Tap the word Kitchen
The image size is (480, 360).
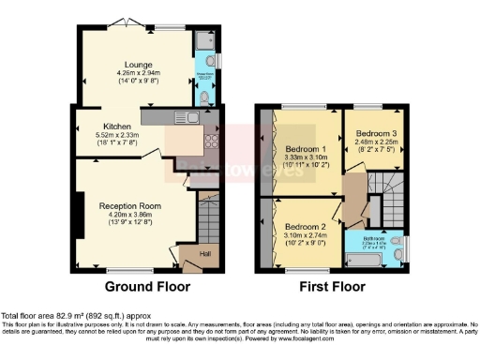click(117, 126)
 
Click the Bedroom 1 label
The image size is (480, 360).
click(305, 149)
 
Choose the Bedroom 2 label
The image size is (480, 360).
click(305, 226)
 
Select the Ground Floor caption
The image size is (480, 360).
click(147, 286)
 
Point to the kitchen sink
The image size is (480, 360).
click(192, 118)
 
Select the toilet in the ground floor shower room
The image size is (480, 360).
click(206, 97)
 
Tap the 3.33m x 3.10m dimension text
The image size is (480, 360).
click(305, 158)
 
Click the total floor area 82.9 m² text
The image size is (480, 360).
click(75, 316)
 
